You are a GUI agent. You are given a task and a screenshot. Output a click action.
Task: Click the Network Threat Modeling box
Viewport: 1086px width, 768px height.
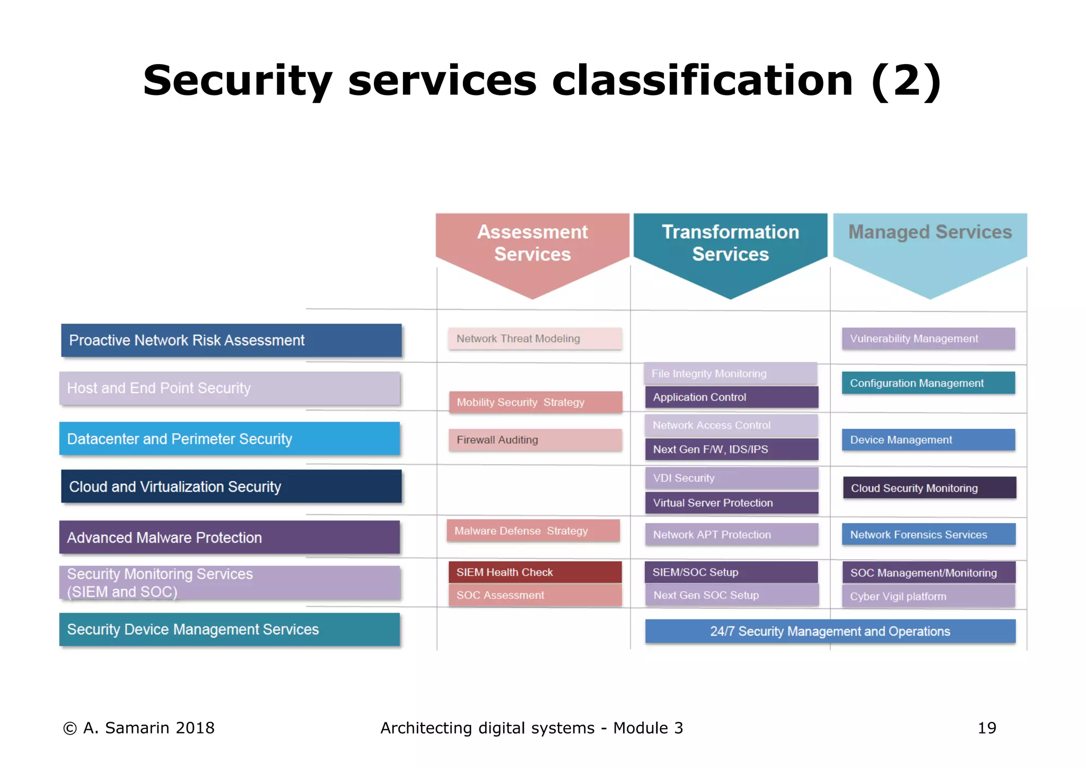pos(535,338)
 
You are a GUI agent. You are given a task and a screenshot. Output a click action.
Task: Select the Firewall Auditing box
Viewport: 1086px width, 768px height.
pos(535,440)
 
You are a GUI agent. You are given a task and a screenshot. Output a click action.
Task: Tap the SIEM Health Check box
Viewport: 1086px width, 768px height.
pos(535,572)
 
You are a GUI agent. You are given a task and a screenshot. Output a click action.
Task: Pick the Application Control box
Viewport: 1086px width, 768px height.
pos(731,397)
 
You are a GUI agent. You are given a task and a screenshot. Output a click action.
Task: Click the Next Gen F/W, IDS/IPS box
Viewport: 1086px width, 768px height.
pos(731,449)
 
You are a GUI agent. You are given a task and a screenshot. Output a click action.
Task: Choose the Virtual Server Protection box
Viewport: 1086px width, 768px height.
pos(731,503)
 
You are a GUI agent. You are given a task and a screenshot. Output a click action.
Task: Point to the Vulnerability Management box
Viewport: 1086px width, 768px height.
pos(928,338)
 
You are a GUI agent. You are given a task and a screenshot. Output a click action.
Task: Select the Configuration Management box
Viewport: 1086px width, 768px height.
pos(928,383)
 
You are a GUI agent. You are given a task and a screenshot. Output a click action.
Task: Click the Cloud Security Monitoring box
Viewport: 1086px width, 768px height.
pos(929,488)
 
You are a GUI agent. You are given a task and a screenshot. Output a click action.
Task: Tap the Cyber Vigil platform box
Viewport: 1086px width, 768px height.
pos(928,596)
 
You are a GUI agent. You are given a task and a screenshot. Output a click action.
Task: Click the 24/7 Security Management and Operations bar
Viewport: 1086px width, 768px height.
pos(830,631)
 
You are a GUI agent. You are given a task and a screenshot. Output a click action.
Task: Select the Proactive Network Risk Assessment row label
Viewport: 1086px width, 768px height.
pos(231,340)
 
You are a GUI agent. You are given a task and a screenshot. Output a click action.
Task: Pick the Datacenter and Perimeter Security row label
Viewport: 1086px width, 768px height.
pos(229,439)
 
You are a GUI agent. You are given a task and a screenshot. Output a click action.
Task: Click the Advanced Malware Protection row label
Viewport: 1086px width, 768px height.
pos(229,537)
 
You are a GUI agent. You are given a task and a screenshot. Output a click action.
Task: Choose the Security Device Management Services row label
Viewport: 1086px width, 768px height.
pos(229,629)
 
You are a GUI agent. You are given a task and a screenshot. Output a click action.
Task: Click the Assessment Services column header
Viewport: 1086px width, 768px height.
pos(532,243)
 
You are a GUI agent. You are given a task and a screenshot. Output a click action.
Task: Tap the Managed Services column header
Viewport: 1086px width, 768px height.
pos(930,232)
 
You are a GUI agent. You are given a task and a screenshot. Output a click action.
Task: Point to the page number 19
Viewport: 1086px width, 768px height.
pos(987,728)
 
